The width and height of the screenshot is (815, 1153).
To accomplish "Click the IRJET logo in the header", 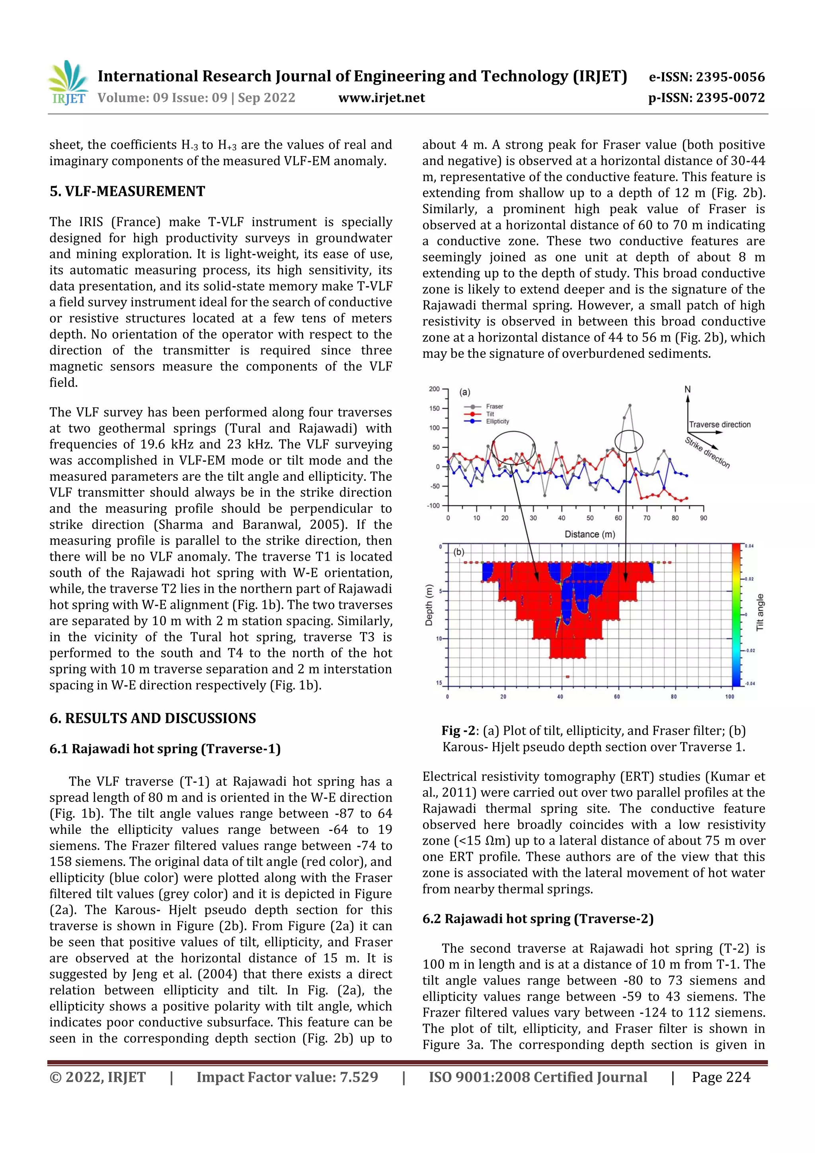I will (69, 83).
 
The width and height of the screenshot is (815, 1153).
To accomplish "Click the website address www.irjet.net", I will (381, 98).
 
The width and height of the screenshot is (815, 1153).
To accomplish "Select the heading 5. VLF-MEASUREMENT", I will (127, 191).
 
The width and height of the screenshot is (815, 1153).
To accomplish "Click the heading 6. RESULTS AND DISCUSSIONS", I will (153, 718).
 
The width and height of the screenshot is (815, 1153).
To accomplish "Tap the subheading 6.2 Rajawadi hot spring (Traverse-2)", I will (537, 919).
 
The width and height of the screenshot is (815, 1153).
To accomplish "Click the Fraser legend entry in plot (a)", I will (494, 406).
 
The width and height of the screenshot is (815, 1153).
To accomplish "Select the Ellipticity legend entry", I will (497, 421).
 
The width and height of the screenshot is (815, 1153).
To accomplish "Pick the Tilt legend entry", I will (490, 414).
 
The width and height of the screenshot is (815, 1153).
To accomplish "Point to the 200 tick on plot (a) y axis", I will (434, 389).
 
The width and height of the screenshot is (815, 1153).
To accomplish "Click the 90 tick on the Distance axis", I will (703, 518).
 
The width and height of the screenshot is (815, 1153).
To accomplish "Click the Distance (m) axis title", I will (589, 535).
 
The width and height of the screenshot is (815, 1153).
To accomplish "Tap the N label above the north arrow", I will (687, 390).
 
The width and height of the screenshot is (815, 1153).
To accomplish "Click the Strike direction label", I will (707, 453).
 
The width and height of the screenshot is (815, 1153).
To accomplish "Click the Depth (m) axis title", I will (429, 605).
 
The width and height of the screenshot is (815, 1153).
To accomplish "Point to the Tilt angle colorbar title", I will (760, 612).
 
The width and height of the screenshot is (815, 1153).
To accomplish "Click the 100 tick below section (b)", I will (729, 696).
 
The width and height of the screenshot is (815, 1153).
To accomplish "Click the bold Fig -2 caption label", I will (458, 731).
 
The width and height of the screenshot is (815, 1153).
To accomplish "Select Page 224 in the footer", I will (721, 1077).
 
